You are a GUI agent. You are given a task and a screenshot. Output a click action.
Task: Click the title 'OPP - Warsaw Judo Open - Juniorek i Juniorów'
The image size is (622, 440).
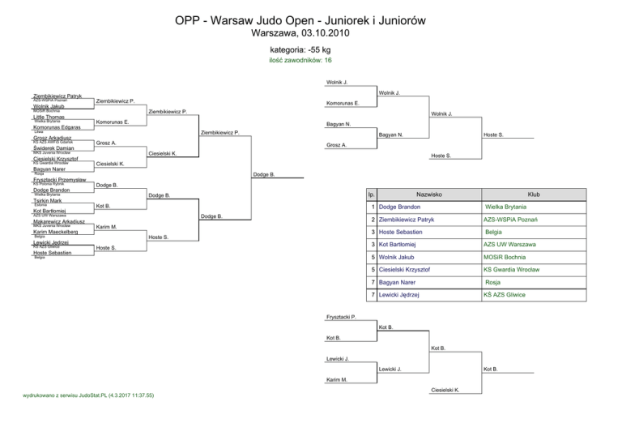click(311, 20)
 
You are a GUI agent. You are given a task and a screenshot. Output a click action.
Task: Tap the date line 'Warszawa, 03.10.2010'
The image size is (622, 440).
click(311, 35)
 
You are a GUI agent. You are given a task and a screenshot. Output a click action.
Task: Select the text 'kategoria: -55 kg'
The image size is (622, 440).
click(311, 50)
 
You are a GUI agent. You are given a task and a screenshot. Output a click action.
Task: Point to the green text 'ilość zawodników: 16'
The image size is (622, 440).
click(311, 60)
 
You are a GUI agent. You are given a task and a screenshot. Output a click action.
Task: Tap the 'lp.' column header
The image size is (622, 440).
click(370, 195)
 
